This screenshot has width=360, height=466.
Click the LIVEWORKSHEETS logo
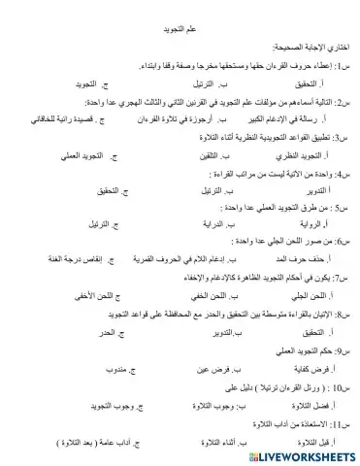tap(298, 453)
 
